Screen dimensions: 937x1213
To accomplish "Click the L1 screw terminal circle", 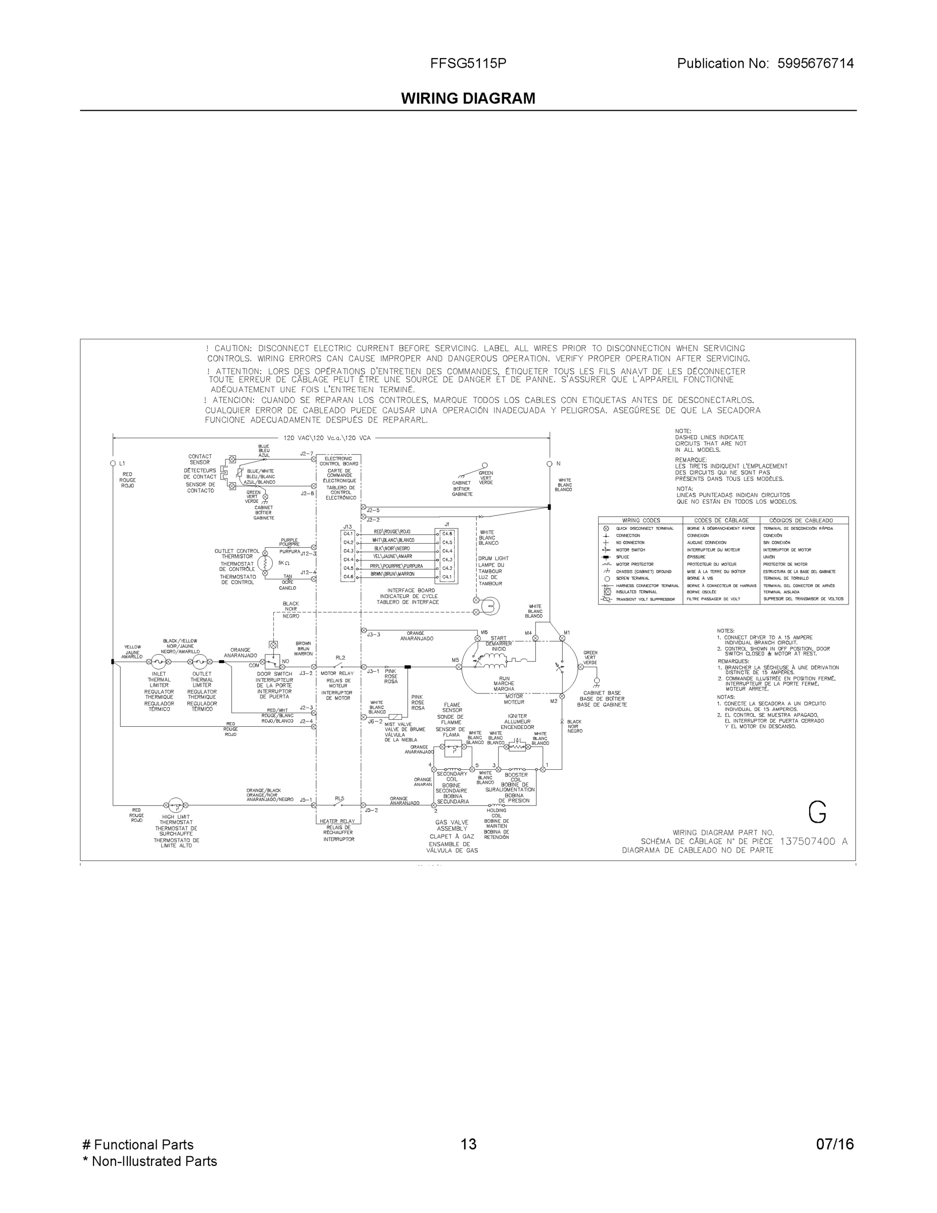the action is point(113,463).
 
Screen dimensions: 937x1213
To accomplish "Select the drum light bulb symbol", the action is point(490,605).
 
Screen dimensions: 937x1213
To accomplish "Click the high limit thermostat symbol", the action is point(175,805).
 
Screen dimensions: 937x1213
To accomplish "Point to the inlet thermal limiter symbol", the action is point(159,662).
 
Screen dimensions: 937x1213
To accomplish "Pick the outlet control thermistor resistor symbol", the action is point(265,563).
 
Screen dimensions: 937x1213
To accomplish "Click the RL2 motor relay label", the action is point(340,658).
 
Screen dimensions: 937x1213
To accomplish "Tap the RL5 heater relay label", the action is point(339,798).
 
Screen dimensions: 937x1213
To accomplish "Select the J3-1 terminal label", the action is point(373,671).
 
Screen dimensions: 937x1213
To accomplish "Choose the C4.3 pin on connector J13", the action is point(348,550).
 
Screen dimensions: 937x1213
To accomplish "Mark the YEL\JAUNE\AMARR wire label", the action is point(392,556).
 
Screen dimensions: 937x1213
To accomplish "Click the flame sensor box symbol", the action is point(453,749).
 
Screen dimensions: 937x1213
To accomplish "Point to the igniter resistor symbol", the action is point(517,747).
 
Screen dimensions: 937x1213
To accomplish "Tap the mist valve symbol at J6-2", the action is point(395,717).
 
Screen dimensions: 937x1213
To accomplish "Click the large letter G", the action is point(817,813).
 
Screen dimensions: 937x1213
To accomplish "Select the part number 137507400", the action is point(807,841).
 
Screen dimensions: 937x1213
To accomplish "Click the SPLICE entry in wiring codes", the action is point(622,557).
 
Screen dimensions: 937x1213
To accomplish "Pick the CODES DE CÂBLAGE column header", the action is point(721,521).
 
